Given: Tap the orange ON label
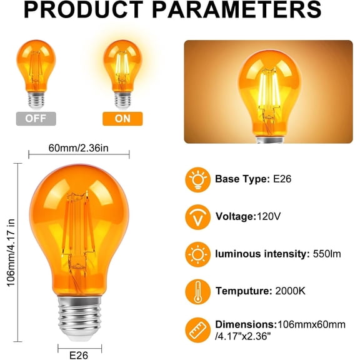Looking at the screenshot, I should [122, 118].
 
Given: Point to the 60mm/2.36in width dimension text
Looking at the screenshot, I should [78, 147].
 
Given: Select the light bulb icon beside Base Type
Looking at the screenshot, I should [197, 179].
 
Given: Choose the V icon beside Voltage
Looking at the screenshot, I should [197, 217].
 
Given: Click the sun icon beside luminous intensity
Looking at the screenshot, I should [197, 254].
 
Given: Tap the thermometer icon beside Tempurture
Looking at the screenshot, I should [197, 291].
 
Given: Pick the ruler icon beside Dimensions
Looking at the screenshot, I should [197, 329].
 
